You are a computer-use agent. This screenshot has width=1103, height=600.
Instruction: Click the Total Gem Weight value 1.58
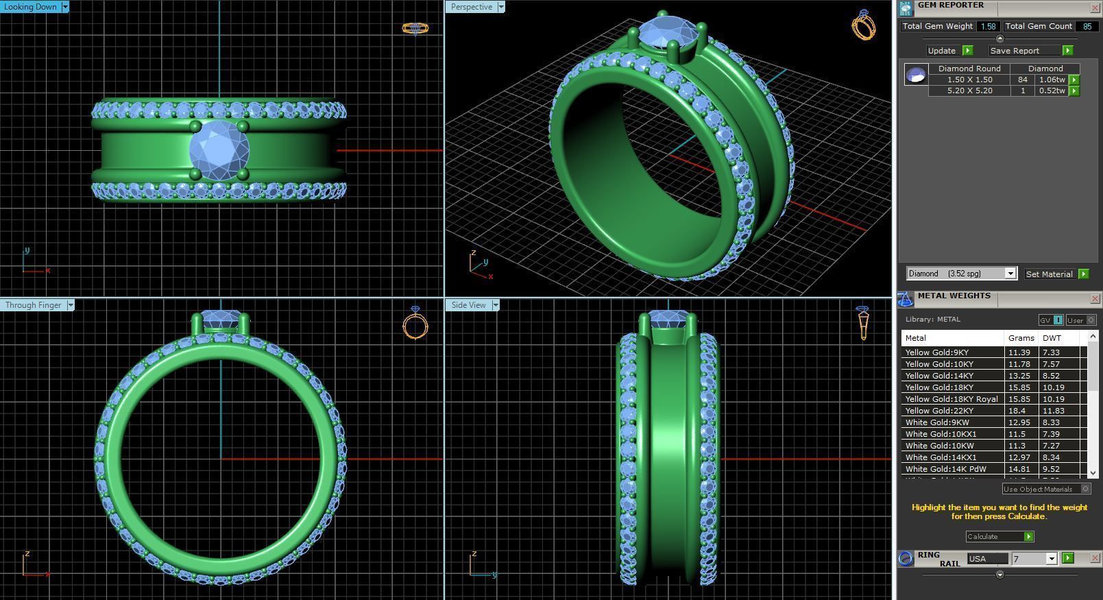pyautogui.click(x=988, y=26)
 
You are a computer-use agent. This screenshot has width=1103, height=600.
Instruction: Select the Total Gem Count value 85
pyautogui.click(x=1087, y=26)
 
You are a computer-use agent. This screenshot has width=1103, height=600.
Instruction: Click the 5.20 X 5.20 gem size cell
pyautogui.click(x=969, y=91)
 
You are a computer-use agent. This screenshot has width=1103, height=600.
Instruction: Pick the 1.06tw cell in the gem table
pyautogui.click(x=1052, y=80)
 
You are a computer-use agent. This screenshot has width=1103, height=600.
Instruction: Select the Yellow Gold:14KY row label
pyautogui.click(x=939, y=376)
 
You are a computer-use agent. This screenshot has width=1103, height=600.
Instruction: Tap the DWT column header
pyautogui.click(x=1052, y=338)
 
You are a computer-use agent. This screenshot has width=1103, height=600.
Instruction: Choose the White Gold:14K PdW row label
pyautogui.click(x=945, y=469)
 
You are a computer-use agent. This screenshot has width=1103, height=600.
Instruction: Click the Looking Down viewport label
pyautogui.click(x=31, y=7)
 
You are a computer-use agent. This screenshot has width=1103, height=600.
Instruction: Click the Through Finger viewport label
pyautogui.click(x=34, y=305)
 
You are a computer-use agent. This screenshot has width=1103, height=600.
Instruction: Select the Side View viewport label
pyautogui.click(x=468, y=305)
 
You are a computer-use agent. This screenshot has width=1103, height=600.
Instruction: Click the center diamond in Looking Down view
pyautogui.click(x=219, y=150)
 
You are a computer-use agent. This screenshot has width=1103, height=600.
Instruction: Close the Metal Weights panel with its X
pyautogui.click(x=1095, y=298)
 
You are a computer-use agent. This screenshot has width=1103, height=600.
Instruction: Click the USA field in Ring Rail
pyautogui.click(x=986, y=559)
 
